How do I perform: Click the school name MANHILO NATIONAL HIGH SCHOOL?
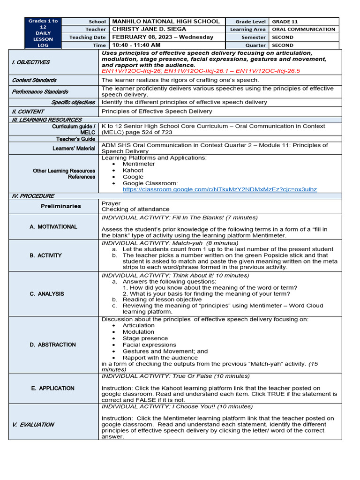click(x=165, y=22)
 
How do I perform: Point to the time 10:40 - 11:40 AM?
click(x=136, y=45)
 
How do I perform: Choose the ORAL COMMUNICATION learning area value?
click(x=303, y=29)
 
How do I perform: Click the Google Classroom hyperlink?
click(x=219, y=190)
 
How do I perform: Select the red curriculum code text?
click(x=200, y=71)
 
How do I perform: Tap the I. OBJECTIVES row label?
click(x=31, y=62)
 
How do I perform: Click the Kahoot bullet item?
click(x=133, y=170)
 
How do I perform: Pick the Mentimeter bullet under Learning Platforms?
click(x=139, y=164)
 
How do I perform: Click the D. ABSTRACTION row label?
click(x=52, y=345)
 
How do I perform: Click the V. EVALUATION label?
click(x=33, y=424)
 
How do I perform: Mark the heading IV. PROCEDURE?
click(x=33, y=196)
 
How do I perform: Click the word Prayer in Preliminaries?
click(x=111, y=203)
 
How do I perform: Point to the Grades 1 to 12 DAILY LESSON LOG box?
click(x=43, y=33)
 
